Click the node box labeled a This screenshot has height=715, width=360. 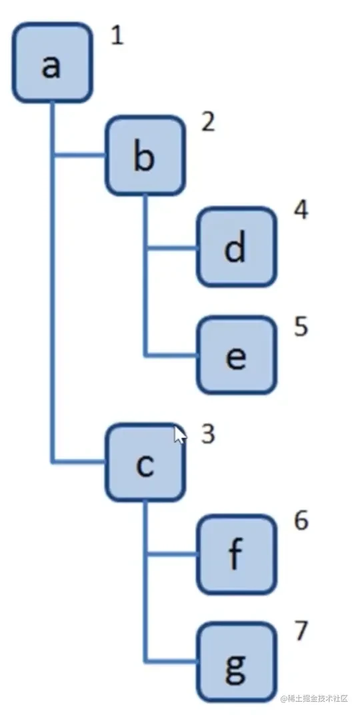(x=53, y=63)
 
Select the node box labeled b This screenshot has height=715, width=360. (x=145, y=155)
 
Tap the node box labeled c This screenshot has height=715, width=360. (x=145, y=462)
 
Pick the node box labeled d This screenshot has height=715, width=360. (x=237, y=247)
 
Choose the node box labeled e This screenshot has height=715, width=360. (x=237, y=355)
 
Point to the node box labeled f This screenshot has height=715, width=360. (x=237, y=554)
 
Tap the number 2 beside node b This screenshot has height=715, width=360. (x=208, y=122)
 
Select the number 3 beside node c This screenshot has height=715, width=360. (x=208, y=435)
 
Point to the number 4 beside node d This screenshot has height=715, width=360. (x=301, y=210)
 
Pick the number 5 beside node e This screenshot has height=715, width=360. (x=301, y=327)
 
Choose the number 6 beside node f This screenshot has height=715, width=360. (x=301, y=521)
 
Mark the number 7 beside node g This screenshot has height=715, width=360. (x=301, y=632)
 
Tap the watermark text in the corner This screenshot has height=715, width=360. (x=315, y=698)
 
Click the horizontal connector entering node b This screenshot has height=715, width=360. (x=79, y=155)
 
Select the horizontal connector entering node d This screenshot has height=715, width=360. (x=172, y=249)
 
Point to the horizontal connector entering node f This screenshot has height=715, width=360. (x=172, y=554)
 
